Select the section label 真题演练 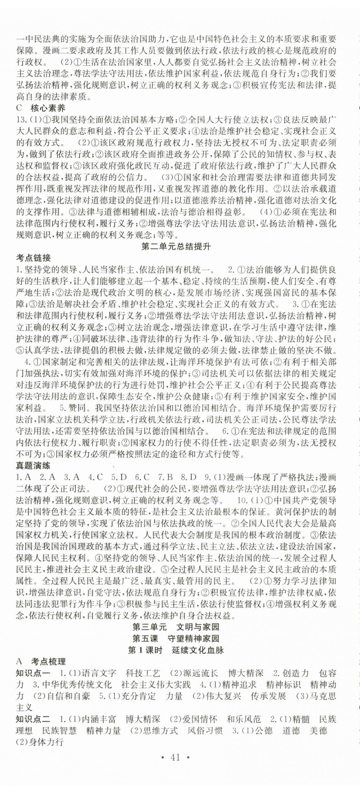[x=33, y=466]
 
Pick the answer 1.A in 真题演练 [x=24, y=478]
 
